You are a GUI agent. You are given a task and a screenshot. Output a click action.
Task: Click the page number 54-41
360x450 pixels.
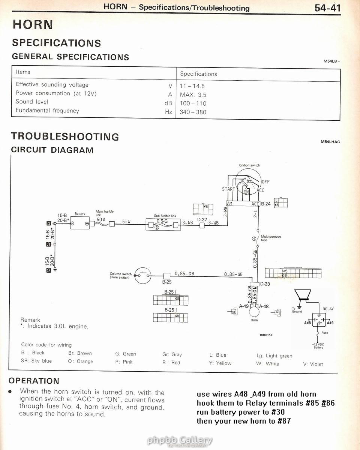(327, 7)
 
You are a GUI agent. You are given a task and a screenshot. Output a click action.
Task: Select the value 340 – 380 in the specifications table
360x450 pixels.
(193, 112)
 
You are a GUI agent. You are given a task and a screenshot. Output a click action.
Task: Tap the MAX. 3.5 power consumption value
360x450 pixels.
(193, 95)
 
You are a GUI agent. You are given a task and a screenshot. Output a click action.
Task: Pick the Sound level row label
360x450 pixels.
(32, 102)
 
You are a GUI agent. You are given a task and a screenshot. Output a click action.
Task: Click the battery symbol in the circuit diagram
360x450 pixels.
(80, 223)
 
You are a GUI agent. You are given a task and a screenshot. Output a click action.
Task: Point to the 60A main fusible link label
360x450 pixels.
(101, 219)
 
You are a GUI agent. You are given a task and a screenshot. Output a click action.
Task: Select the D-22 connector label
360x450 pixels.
(202, 220)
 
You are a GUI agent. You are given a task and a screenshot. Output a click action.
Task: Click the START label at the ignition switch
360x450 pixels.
(228, 189)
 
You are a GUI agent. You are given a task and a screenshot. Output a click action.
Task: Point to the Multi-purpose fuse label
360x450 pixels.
(270, 238)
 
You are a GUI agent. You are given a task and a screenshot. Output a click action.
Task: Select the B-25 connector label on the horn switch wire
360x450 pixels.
(167, 282)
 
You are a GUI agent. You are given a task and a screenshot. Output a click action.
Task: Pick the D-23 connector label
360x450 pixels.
(265, 284)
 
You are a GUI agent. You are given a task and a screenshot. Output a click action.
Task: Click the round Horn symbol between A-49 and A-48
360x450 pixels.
(254, 311)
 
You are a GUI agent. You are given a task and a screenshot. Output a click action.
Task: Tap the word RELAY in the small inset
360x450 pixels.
(328, 309)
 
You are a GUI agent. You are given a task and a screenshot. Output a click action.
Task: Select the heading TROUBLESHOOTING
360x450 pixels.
(65, 136)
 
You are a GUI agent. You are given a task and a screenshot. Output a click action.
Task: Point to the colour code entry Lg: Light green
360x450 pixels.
(274, 355)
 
